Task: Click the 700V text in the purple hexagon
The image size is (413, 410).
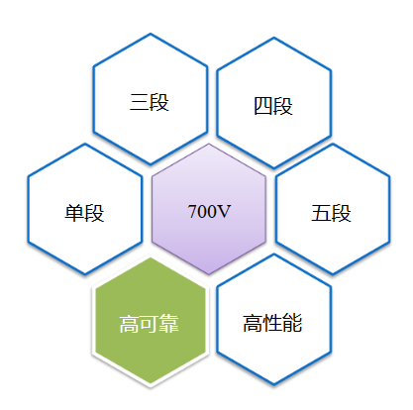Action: [209, 211]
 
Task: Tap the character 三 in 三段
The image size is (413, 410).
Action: [140, 102]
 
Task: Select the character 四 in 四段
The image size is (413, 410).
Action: [263, 106]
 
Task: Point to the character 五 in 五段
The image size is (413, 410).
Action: [321, 213]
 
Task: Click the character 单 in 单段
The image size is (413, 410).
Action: [74, 213]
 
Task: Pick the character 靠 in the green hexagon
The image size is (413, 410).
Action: [169, 324]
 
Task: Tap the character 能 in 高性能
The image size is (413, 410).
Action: [292, 323]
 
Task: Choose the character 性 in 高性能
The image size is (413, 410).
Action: [273, 323]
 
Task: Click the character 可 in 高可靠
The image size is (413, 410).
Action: [150, 324]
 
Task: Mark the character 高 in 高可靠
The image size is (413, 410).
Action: [130, 324]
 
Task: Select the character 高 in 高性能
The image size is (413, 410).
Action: [254, 323]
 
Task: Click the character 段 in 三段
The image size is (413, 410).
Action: [159, 102]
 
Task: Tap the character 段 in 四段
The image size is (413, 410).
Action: [283, 106]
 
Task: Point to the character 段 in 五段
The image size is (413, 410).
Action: [342, 213]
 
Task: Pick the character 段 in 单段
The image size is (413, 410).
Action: [94, 213]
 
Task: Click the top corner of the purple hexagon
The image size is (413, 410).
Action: [209, 144]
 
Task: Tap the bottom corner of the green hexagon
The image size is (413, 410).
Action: [151, 385]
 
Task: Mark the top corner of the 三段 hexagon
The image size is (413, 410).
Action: [151, 34]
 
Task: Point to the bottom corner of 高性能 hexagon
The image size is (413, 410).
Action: [273, 384]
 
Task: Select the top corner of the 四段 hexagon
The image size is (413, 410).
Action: [274, 38]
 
